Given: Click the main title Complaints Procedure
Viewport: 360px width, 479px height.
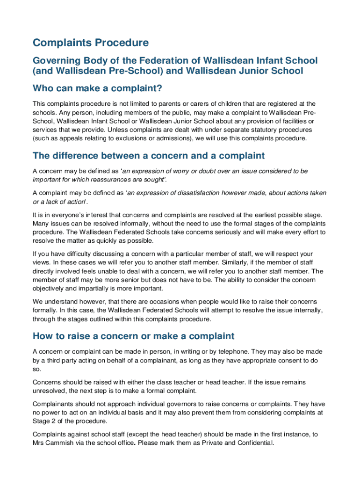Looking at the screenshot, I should click(x=91, y=43).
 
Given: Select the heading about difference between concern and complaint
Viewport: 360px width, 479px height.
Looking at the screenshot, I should click(x=149, y=156).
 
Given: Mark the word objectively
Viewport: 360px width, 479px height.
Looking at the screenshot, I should click(x=50, y=289).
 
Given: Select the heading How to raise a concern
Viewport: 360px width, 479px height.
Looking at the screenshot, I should click(x=133, y=336).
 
